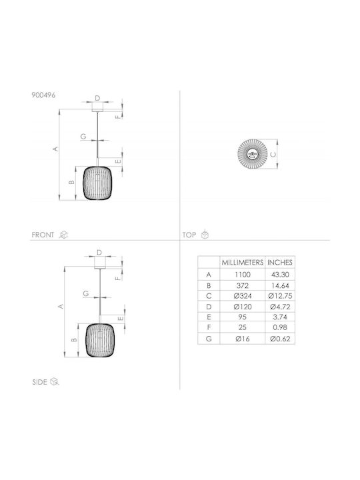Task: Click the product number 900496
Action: [43, 95]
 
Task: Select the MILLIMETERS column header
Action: [243, 263]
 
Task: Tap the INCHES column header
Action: [280, 263]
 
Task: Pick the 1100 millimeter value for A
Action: [243, 275]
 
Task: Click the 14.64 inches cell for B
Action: [280, 285]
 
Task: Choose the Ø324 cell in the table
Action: [243, 296]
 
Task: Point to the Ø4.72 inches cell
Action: [280, 307]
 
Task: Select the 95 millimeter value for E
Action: [243, 317]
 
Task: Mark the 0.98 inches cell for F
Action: [280, 327]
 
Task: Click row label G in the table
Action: [209, 339]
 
